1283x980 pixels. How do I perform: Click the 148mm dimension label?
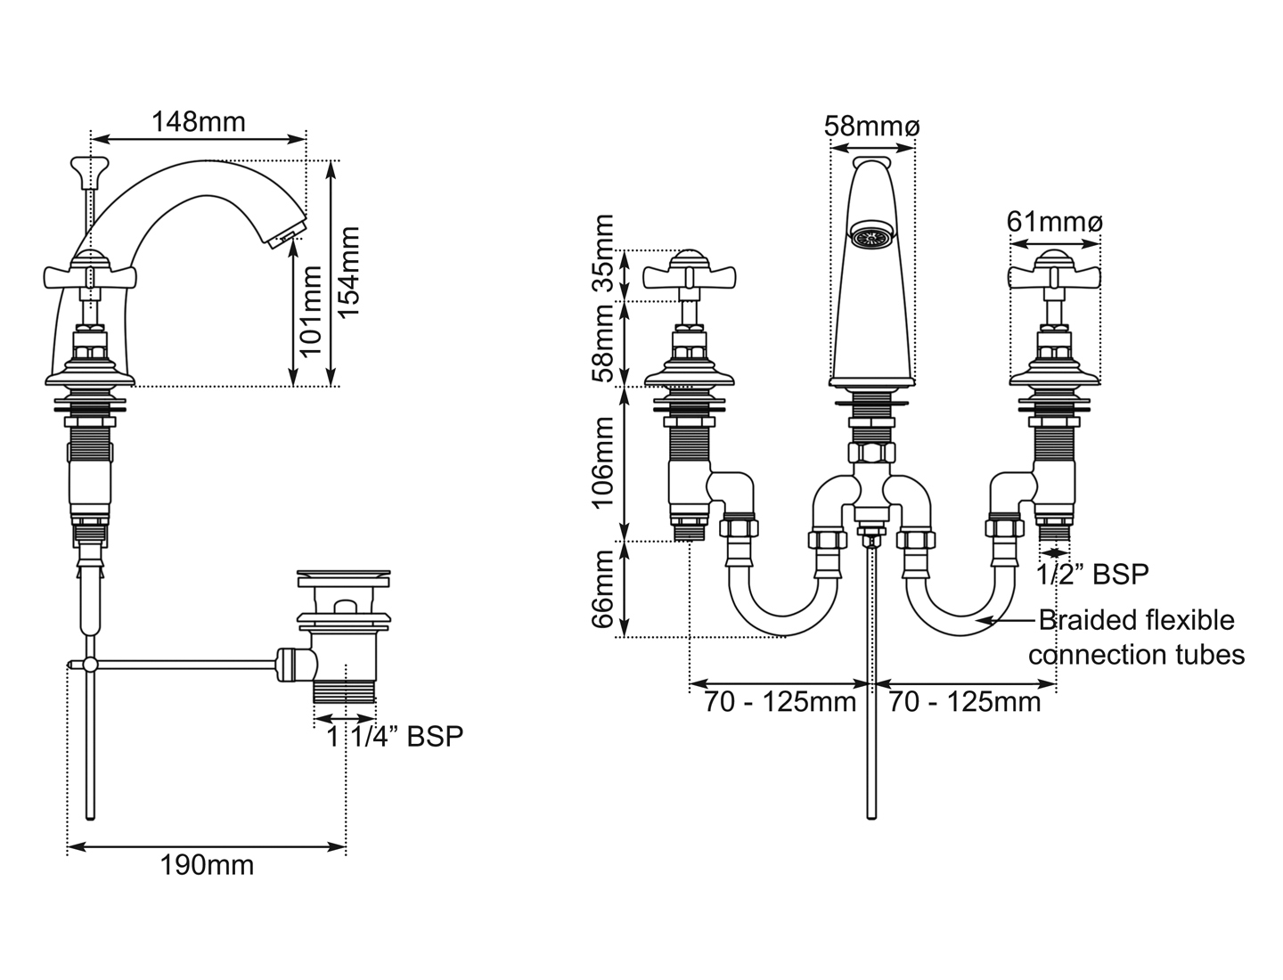[198, 121]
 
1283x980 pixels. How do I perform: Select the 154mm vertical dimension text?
[349, 273]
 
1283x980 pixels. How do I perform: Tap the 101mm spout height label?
[309, 310]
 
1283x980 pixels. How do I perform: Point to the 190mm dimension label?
[207, 864]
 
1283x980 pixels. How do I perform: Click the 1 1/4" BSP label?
[394, 736]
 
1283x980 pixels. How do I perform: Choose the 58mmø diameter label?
[870, 127]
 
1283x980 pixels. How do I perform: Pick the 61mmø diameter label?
[1054, 221]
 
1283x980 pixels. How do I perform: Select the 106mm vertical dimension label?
[603, 463]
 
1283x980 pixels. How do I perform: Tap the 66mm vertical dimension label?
[603, 588]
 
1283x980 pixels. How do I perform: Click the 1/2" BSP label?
[1092, 575]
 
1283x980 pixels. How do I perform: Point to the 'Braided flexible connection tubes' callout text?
[1136, 637]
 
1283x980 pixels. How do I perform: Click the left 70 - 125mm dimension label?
[780, 702]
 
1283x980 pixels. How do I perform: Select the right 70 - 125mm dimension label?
[965, 702]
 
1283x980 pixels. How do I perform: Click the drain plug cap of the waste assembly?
[343, 577]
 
